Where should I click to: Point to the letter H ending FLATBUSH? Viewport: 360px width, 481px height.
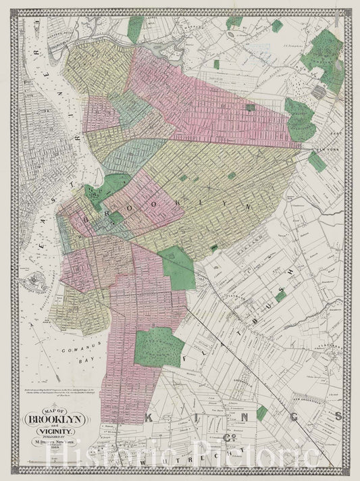pos(292,270)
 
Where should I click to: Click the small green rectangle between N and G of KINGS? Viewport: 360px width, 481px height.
pos(261,410)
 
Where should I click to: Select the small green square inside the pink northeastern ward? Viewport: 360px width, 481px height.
pos(251,107)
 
